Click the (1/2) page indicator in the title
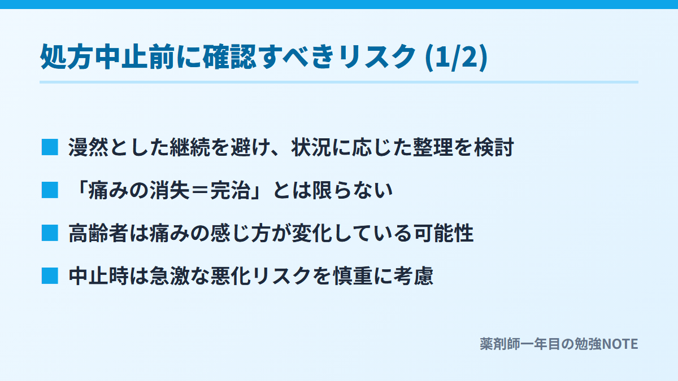[457, 57]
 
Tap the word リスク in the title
[377, 57]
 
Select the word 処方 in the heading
[66, 57]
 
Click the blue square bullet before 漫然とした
[50, 147]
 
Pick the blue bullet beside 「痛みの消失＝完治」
[50, 190]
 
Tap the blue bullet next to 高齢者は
[50, 233]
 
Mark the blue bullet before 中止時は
[50, 276]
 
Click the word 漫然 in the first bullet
[88, 147]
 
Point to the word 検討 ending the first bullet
[494, 147]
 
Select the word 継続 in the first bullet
[190, 147]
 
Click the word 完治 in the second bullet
[231, 190]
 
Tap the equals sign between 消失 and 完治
[201, 191]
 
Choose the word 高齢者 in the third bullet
[98, 233]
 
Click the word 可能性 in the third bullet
[444, 233]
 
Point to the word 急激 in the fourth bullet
[169, 276]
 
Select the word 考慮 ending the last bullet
[414, 276]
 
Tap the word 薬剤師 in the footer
[500, 344]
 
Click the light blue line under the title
[339, 82]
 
